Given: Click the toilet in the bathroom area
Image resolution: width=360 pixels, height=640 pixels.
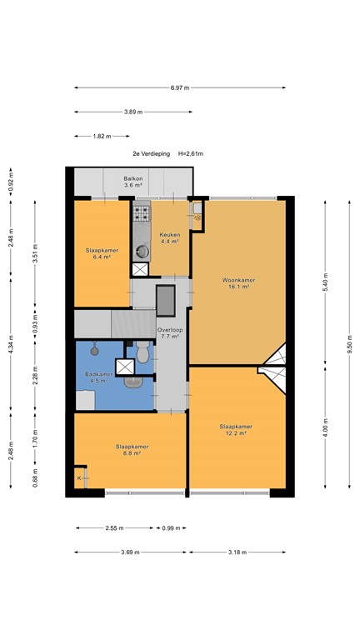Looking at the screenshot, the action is click(142, 352).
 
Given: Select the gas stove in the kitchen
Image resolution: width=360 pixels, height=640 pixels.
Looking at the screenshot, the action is click(142, 213).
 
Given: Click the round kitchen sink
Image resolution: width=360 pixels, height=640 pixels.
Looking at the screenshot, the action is click(142, 252).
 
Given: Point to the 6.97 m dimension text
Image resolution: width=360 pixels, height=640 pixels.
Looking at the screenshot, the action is click(180, 87).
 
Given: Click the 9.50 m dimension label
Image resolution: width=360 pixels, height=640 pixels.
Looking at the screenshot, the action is click(349, 344).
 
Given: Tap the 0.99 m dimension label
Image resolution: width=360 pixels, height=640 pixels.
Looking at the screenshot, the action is click(171, 528).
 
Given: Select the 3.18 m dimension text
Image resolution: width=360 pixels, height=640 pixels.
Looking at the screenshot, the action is click(237, 552).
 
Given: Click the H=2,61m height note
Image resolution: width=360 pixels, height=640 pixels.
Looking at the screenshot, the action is click(191, 154).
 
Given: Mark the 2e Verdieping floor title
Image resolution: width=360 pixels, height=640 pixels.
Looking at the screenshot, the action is click(151, 154).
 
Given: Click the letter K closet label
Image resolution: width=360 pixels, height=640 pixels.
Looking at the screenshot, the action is click(79, 478).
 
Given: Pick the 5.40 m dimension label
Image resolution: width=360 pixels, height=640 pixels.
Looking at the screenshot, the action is click(325, 282).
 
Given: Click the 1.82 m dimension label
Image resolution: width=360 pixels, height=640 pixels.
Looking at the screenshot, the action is click(102, 137).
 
